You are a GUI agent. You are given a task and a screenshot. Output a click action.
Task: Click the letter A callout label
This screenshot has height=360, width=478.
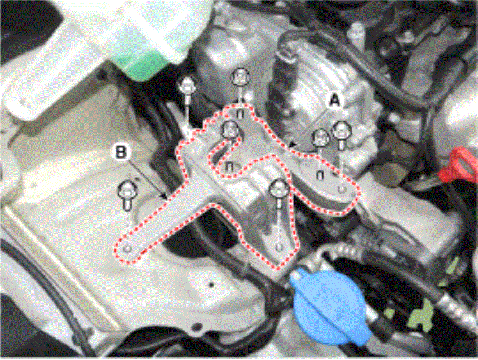(335, 100)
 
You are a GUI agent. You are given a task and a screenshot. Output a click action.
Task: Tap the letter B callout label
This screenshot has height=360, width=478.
(121, 152)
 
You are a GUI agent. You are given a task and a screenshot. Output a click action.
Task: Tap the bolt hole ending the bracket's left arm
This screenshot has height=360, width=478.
(129, 249)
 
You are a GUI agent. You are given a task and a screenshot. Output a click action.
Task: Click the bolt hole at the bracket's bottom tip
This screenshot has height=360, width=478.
(278, 247)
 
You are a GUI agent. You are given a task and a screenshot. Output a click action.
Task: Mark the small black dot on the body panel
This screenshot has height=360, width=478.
(211, 286)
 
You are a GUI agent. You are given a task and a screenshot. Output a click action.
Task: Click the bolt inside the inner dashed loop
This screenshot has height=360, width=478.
(230, 130)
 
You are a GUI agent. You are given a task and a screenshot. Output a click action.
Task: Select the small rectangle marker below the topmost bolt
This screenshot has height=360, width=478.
(241, 114)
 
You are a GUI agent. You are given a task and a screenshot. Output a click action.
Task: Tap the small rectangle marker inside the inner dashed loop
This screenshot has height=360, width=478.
(230, 167)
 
